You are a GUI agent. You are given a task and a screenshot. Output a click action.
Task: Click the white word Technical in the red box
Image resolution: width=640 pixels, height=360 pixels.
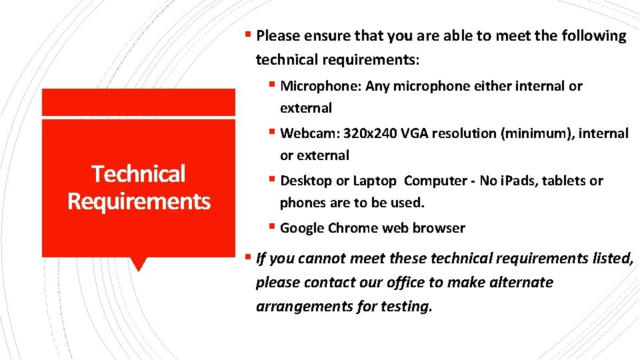point(139,174)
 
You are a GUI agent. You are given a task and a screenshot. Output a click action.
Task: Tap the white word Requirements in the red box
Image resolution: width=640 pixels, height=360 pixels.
point(139,201)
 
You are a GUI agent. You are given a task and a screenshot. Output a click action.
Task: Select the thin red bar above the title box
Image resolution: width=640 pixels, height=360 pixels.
point(139,102)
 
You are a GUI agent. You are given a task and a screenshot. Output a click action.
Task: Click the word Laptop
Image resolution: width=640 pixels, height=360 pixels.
point(374,181)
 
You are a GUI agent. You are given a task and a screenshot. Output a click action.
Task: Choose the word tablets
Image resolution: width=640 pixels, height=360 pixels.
point(563,181)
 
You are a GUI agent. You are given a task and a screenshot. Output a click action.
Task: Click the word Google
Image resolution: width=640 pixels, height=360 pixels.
point(303,228)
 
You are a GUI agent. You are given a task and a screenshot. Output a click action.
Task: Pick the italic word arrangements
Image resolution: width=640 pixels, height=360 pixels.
point(297,307)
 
